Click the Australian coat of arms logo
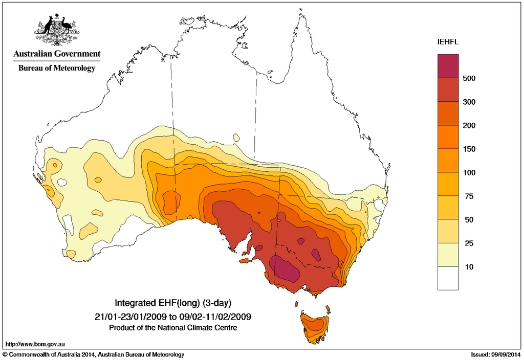(57, 30)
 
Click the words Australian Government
(57, 54)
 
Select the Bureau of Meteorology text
(57, 68)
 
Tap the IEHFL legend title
(448, 42)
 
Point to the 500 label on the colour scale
(469, 78)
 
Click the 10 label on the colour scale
(468, 267)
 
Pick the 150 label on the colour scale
(469, 149)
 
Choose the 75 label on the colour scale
(468, 196)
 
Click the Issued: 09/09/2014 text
(495, 354)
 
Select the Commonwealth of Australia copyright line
(94, 354)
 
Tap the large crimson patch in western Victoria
(285, 268)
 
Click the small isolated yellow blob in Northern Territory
(236, 137)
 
